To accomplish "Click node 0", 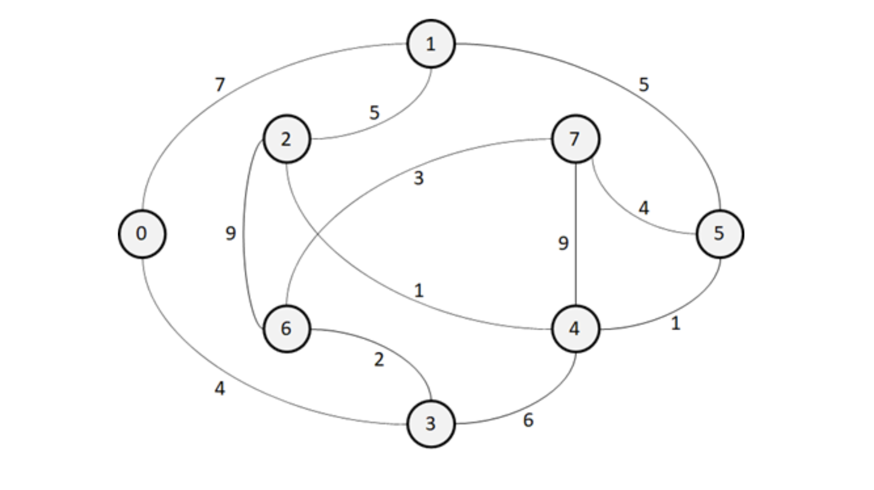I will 142,234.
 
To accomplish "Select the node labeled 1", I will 431,44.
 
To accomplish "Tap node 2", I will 287,139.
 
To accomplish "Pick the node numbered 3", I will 431,424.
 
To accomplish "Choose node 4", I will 575,329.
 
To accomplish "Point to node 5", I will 720,234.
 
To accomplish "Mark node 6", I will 287,329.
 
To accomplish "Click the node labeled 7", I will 575,139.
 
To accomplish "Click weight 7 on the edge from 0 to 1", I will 220,85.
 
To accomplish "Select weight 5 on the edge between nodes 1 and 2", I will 374,113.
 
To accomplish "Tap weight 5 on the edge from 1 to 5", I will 644,85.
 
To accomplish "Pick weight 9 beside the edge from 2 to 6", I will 230,234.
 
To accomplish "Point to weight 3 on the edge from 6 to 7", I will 419,179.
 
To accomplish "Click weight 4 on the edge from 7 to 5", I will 644,208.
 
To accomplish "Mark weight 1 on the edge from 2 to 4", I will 419,291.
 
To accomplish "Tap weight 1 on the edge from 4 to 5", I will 675,324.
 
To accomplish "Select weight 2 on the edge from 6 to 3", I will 379,360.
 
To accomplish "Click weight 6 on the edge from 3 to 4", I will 528,420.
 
